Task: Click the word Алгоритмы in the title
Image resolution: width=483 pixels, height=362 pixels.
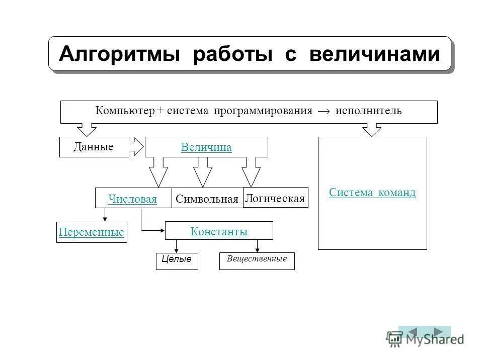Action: [x=119, y=53]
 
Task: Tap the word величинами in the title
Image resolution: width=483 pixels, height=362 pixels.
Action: [x=374, y=53]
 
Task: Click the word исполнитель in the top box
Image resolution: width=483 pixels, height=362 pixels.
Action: [x=369, y=111]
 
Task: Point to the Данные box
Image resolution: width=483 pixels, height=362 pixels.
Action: [x=94, y=147]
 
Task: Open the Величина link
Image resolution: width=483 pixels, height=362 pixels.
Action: [x=206, y=147]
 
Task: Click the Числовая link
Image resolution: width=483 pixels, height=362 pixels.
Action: [x=133, y=199]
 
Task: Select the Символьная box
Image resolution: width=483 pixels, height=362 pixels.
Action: [x=207, y=199]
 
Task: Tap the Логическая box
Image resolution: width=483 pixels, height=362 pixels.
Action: [x=275, y=198]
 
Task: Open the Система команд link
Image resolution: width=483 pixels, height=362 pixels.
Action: [x=372, y=193]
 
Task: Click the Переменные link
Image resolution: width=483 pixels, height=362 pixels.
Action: [x=92, y=233]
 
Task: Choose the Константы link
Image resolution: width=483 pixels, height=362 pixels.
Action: [x=219, y=232]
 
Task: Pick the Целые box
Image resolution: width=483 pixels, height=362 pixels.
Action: [x=177, y=260]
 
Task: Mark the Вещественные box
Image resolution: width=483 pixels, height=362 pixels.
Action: [x=257, y=259]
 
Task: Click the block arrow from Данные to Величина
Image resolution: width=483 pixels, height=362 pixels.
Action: [x=137, y=146]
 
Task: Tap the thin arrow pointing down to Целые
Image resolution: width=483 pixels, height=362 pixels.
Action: [x=176, y=246]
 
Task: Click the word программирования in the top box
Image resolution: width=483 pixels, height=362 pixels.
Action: [x=263, y=111]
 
